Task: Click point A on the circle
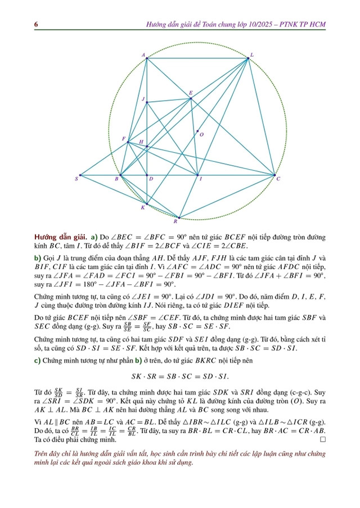coord(147,58)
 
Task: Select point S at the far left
coord(80,175)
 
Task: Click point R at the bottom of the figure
coord(179,217)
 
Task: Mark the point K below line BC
coord(147,203)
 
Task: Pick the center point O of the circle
coord(197,133)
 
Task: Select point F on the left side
coord(128,142)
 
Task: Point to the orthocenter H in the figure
coord(147,147)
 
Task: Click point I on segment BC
coord(197,175)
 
